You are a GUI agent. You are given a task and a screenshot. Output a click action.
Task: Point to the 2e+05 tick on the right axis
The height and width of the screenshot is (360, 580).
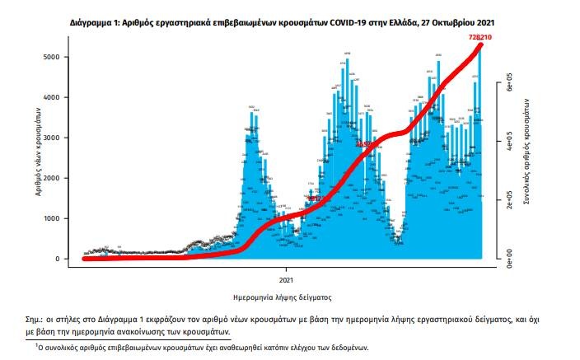tap(510, 202)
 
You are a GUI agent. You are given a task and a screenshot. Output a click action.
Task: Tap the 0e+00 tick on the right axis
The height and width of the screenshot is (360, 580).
tap(510, 259)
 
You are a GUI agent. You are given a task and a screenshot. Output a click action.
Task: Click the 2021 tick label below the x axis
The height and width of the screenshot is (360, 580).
tap(287, 269)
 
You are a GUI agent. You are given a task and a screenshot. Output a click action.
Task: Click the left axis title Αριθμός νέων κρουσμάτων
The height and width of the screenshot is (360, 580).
tap(39, 149)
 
